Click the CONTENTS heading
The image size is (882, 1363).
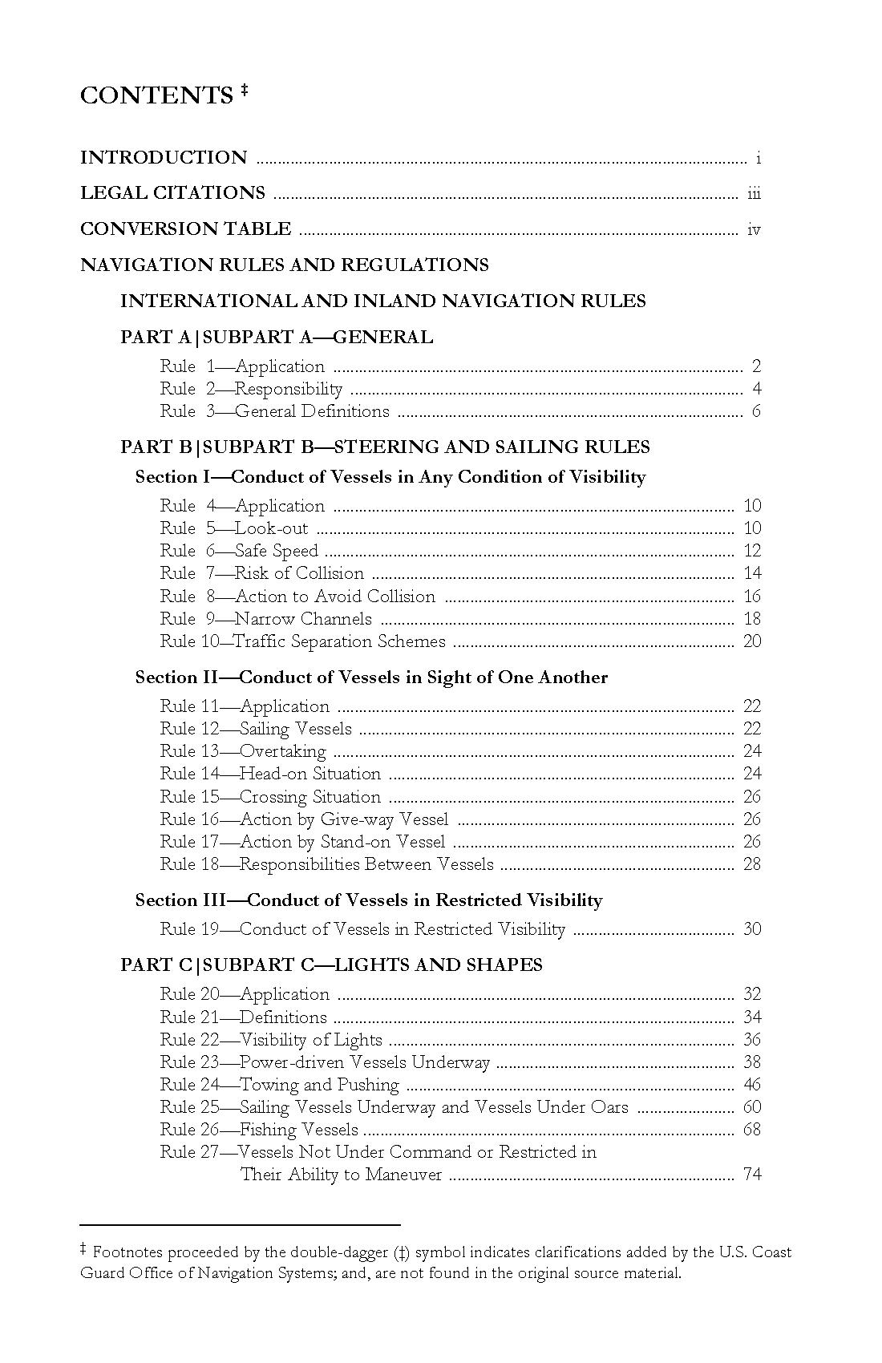click(156, 95)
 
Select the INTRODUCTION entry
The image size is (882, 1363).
click(164, 157)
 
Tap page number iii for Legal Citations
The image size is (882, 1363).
click(754, 193)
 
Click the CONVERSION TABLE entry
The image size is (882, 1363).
click(185, 229)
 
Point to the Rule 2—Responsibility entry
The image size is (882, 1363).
click(251, 389)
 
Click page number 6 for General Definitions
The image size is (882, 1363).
click(756, 411)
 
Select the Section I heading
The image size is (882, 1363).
click(390, 477)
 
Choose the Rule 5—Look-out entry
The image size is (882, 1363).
click(233, 528)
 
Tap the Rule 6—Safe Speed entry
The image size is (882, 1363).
click(239, 551)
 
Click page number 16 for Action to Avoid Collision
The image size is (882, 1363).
click(752, 596)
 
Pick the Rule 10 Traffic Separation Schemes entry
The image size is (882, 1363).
click(302, 641)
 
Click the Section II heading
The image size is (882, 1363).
click(371, 677)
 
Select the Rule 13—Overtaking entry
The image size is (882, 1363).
click(243, 751)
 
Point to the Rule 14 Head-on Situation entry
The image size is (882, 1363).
click(270, 774)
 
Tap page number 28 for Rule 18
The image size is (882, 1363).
click(752, 864)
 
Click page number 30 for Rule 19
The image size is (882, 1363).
click(752, 929)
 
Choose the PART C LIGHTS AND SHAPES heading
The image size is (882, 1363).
click(331, 965)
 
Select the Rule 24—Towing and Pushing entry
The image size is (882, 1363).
click(279, 1085)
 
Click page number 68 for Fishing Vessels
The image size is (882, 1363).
click(752, 1130)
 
